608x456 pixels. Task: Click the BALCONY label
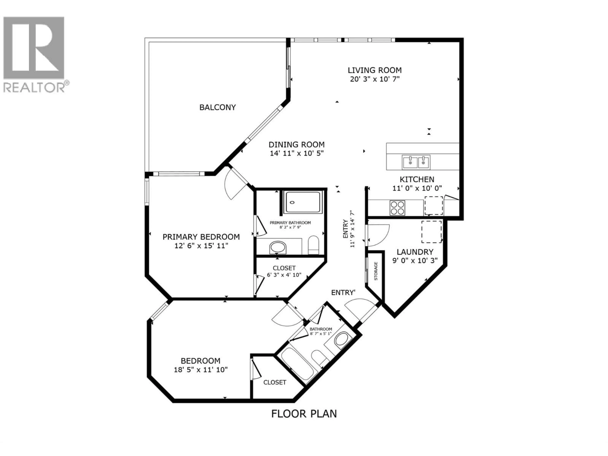217,107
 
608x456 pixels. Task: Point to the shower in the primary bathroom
303,202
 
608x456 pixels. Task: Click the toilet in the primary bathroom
313,245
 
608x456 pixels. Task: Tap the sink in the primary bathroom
278,247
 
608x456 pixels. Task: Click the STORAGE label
376,271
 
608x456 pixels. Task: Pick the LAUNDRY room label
415,252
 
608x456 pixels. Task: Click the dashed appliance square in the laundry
431,231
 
